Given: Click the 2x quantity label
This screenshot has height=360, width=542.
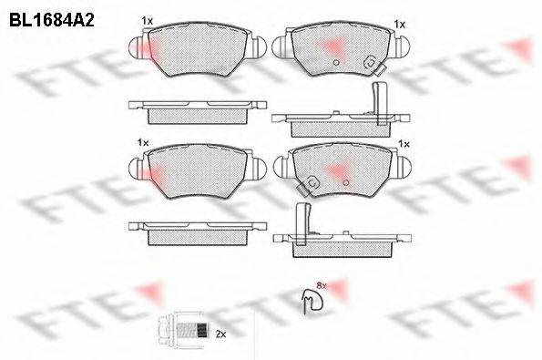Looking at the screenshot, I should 220,334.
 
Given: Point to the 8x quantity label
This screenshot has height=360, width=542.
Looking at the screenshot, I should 320,285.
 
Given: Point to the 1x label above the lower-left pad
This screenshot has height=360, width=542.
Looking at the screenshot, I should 142,143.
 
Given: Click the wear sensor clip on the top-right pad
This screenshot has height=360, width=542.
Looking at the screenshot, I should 370,63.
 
